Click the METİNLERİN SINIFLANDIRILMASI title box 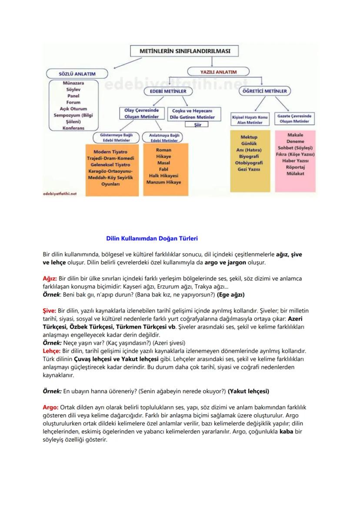pos(185,51)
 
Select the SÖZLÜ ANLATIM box pos(77,74)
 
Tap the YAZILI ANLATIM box pos(218,71)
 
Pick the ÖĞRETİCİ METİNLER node pos(265,91)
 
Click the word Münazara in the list pos(73,83)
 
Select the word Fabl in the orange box pos(164,169)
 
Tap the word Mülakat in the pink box pos(295,173)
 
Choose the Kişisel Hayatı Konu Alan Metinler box pos(250,120)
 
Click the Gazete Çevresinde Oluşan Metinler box pos(295,119)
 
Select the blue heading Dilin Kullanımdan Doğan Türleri pos(152,238)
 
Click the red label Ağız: pos(50,278)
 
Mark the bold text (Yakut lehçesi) pos(248,391)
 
